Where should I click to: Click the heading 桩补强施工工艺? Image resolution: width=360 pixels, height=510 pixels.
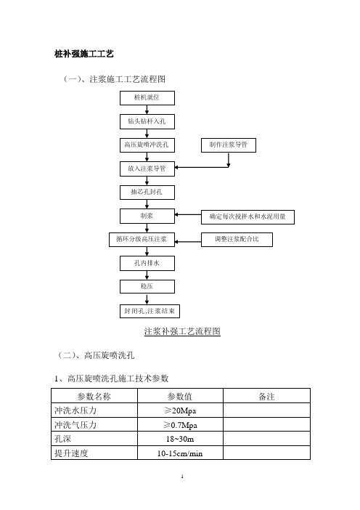(x=83, y=54)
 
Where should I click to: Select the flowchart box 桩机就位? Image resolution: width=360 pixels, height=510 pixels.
(x=147, y=98)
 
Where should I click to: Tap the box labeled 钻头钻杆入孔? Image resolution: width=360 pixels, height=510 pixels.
(x=147, y=121)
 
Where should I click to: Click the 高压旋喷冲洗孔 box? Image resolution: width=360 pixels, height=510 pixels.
(x=147, y=145)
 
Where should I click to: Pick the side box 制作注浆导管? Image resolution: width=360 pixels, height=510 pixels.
(x=229, y=145)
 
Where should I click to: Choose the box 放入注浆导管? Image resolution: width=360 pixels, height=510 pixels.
(x=147, y=169)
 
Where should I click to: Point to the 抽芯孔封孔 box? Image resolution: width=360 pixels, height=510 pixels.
(x=147, y=193)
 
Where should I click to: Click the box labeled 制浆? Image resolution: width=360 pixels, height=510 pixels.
(x=147, y=216)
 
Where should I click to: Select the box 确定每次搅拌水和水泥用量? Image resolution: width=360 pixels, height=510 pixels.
(x=247, y=217)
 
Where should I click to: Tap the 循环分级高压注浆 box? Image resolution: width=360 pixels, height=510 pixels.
(x=142, y=240)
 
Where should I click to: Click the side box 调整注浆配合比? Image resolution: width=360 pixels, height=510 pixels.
(x=237, y=240)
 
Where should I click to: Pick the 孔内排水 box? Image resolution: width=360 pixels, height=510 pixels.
(x=147, y=263)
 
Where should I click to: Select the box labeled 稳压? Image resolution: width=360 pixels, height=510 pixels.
(x=147, y=286)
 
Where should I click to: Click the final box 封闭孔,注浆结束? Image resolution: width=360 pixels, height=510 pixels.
(x=150, y=311)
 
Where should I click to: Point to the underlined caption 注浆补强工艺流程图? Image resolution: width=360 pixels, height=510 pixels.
(x=182, y=331)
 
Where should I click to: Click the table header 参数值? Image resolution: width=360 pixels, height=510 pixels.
(x=180, y=397)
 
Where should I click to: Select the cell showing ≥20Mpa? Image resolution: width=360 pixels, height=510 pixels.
(x=180, y=410)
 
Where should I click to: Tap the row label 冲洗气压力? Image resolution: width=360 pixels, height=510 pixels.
(x=75, y=425)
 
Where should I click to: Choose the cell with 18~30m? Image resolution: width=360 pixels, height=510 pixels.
(x=180, y=439)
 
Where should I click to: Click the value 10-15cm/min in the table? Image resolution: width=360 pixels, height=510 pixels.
(x=180, y=453)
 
